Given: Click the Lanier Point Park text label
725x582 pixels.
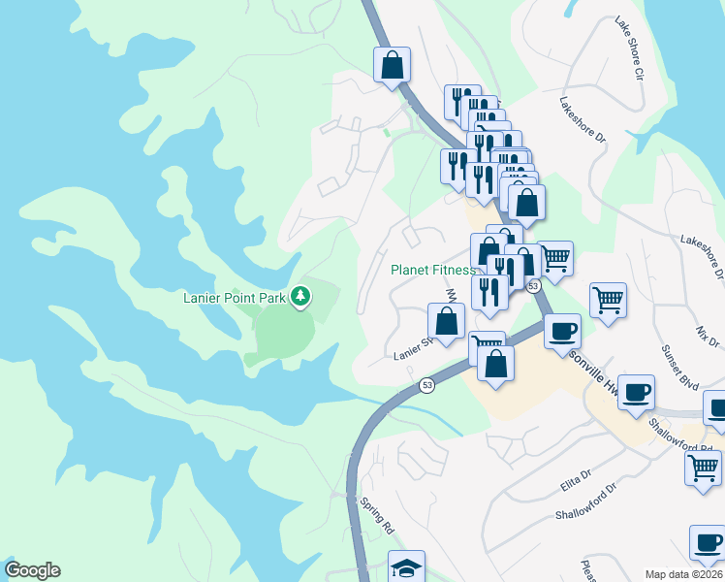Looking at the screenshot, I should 235,297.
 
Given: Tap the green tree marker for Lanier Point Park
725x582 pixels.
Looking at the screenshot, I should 300,295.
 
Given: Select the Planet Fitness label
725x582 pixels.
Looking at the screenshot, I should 432,271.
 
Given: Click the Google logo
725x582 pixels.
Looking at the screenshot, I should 32,570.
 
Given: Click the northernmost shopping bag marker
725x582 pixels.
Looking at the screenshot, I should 393,66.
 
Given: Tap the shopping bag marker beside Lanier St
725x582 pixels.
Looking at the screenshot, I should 446,321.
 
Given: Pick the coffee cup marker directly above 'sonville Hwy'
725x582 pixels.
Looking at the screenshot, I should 562,332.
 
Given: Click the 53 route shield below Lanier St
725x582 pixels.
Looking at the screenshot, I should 426,386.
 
